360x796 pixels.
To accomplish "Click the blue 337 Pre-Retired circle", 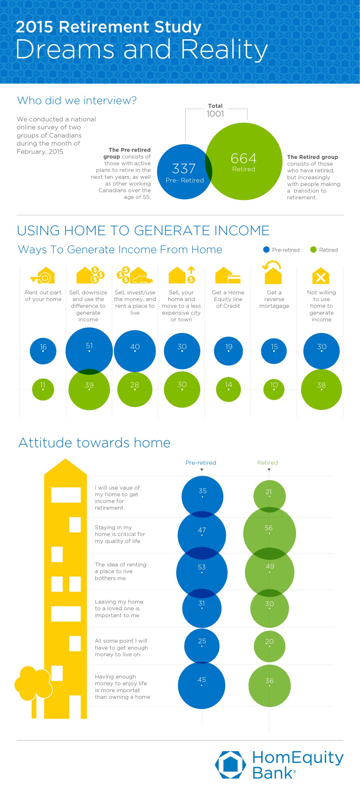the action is pyautogui.click(x=185, y=172).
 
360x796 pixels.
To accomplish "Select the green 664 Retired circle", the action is pyautogui.click(x=244, y=161).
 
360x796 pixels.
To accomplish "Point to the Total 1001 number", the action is pyautogui.click(x=215, y=114).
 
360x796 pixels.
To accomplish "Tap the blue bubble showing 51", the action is pyautogui.click(x=89, y=351).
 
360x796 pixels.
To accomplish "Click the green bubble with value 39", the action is pyautogui.click(x=89, y=389).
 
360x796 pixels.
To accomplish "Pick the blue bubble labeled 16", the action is pyautogui.click(x=43, y=351).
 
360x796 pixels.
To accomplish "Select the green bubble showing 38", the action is pyautogui.click(x=321, y=389).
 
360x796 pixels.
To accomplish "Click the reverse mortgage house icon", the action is pyautogui.click(x=273, y=273).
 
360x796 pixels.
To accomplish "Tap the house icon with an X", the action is pyautogui.click(x=321, y=275).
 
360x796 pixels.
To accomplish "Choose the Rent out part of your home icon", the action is pyautogui.click(x=43, y=275).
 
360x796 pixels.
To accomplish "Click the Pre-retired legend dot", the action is pyautogui.click(x=266, y=250).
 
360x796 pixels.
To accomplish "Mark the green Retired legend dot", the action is pyautogui.click(x=313, y=250).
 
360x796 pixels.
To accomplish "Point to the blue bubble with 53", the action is pyautogui.click(x=202, y=572).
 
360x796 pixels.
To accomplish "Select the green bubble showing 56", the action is pyautogui.click(x=270, y=534).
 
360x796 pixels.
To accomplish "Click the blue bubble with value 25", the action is pyautogui.click(x=202, y=646).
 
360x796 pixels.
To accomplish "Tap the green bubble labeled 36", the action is pyautogui.click(x=270, y=686).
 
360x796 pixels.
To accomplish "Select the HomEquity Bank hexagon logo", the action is pyautogui.click(x=230, y=765).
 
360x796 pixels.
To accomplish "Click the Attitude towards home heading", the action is pyautogui.click(x=95, y=442).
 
